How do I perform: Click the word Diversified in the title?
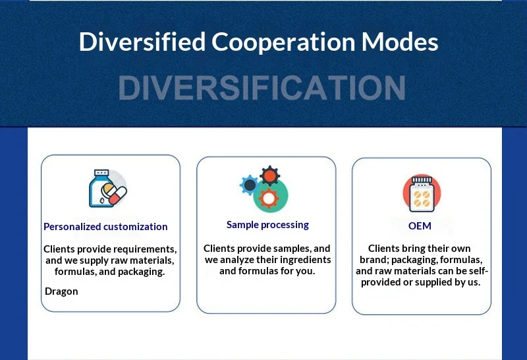[142, 42]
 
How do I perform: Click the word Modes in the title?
[400, 42]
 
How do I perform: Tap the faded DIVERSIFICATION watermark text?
[262, 88]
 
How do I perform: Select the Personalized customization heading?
[105, 227]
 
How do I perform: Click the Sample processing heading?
[267, 225]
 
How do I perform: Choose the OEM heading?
[420, 225]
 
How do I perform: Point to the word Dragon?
[61, 291]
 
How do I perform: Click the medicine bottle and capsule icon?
[108, 189]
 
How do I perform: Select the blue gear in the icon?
[250, 185]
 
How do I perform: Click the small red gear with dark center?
[269, 175]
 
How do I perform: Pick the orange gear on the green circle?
[269, 198]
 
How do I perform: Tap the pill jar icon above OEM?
[422, 193]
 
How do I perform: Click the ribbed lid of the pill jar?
[422, 181]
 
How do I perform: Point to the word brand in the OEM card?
[374, 260]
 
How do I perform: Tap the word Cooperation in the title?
[283, 42]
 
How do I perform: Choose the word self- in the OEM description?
[476, 271]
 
